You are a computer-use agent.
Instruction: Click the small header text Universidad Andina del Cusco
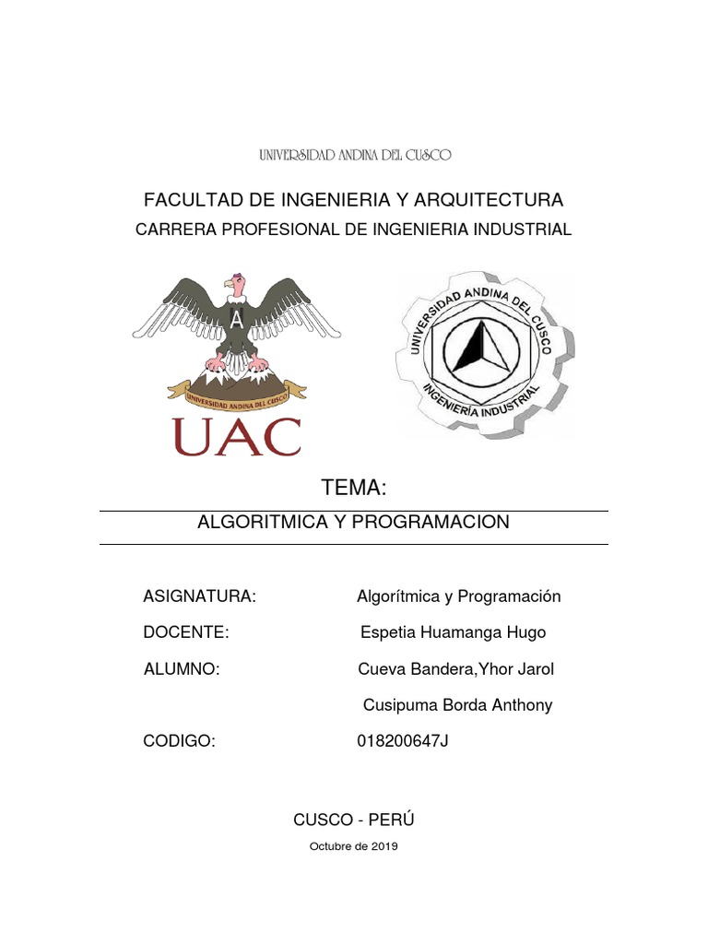click(x=355, y=156)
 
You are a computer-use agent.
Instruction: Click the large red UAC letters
click(x=236, y=436)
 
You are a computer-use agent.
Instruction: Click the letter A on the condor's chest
click(x=237, y=320)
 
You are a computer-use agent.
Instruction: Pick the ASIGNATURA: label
click(x=199, y=596)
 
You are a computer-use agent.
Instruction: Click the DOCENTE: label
click(x=186, y=632)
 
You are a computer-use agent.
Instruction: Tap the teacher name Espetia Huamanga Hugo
click(x=453, y=632)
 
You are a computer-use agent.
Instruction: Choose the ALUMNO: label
click(x=182, y=669)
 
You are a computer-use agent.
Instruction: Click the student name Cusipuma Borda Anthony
click(x=458, y=705)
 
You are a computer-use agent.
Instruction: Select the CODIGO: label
click(x=179, y=741)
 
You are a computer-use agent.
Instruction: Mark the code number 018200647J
click(x=402, y=741)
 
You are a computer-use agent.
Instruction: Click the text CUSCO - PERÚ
click(x=354, y=820)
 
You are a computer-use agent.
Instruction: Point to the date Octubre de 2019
click(x=354, y=847)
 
